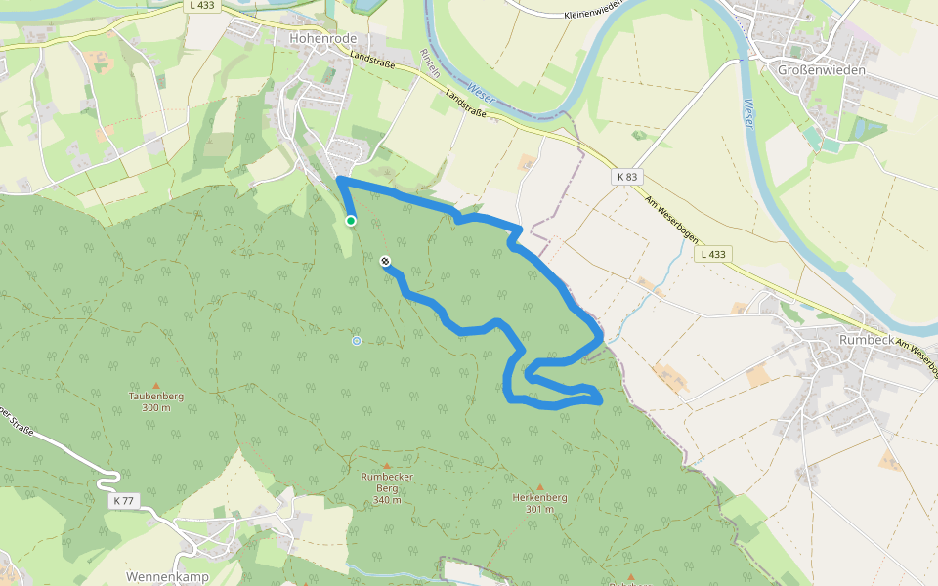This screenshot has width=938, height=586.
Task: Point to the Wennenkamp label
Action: [167, 577]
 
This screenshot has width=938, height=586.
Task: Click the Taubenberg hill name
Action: [156, 396]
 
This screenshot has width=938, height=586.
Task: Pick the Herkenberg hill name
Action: [539, 497]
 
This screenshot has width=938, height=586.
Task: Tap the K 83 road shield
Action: [627, 177]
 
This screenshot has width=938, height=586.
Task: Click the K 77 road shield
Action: [124, 500]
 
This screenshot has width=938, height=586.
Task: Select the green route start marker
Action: [351, 221]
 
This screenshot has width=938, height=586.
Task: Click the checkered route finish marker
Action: [386, 261]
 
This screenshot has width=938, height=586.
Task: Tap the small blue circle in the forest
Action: [357, 340]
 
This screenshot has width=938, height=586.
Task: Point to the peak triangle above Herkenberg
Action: [539, 485]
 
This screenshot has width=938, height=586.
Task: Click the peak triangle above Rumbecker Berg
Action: [386, 466]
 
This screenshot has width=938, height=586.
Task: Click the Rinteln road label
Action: [429, 63]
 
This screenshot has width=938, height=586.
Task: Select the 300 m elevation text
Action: [156, 407]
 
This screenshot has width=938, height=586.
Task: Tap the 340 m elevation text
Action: [386, 500]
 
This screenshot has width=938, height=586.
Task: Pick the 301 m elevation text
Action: [539, 509]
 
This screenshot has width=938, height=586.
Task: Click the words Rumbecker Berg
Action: [386, 482]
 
